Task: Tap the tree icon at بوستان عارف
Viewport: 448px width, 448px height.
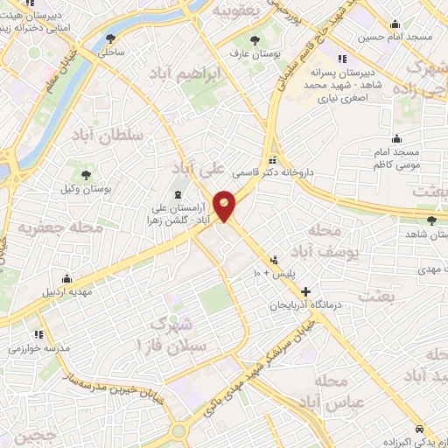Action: [255, 40]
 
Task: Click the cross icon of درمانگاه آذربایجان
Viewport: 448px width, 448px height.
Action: [305, 290]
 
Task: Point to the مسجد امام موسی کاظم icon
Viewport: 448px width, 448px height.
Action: [397, 138]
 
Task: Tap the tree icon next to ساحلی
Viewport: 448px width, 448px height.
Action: [110, 38]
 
